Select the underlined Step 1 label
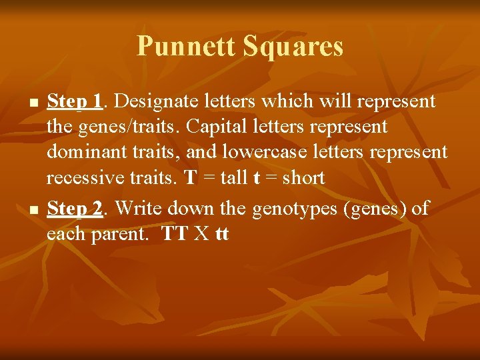[x=75, y=101]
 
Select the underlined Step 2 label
[x=75, y=209]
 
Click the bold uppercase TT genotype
[x=175, y=235]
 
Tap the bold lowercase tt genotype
[x=222, y=235]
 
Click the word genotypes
[x=293, y=209]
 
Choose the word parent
[x=121, y=235]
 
